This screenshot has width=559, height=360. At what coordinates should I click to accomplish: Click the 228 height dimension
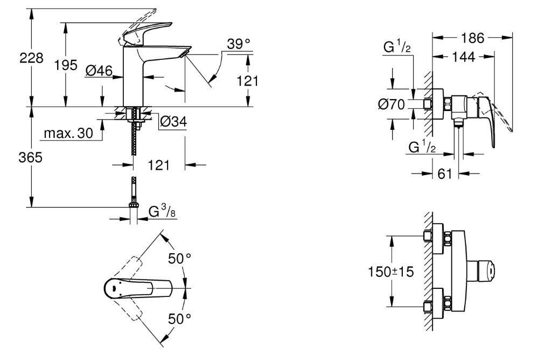(x=31, y=58)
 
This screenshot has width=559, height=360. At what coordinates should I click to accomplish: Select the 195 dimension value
(x=66, y=65)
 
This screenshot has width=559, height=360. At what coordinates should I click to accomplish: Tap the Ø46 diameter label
(x=99, y=71)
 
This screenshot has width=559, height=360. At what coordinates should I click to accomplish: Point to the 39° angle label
(x=239, y=44)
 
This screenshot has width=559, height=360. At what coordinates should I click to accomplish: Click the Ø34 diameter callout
(x=173, y=122)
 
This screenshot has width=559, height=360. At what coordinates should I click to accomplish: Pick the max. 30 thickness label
(x=68, y=133)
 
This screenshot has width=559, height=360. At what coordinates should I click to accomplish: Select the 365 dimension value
(x=31, y=157)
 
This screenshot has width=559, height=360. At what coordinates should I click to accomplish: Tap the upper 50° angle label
(x=180, y=258)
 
